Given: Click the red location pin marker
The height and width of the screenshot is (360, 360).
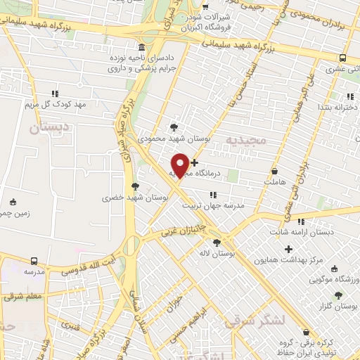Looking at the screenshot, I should click(x=181, y=165).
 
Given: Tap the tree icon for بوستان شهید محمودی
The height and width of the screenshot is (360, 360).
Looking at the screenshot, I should click(x=174, y=127).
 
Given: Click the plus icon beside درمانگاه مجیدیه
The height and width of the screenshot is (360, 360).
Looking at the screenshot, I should click(x=195, y=162).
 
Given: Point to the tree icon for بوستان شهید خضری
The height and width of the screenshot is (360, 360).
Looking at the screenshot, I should click(x=135, y=186).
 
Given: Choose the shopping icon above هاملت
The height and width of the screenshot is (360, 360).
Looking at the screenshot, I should click(x=274, y=171).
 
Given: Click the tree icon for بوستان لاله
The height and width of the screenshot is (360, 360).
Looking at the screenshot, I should click(x=217, y=243).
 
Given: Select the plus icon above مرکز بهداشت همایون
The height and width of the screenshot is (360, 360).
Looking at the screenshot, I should click(x=288, y=249).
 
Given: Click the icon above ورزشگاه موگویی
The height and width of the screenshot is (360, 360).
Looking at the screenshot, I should click(x=334, y=268).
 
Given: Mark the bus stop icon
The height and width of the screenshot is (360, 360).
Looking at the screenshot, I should click(x=342, y=58).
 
